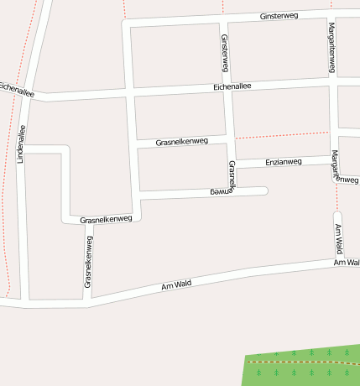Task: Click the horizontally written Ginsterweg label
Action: pyautogui.click(x=279, y=16)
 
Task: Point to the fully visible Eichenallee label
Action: pyautogui.click(x=232, y=86)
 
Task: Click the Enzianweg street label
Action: pyautogui.click(x=283, y=161)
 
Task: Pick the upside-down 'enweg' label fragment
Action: pyautogui.click(x=220, y=192)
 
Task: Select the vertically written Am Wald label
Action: pyautogui.click(x=338, y=239)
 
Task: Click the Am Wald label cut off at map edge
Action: pyautogui.click(x=347, y=263)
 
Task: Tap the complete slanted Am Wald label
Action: pyautogui.click(x=176, y=285)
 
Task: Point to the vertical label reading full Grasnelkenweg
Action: pyautogui.click(x=88, y=262)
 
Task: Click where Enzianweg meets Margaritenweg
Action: pyautogui.click(x=334, y=158)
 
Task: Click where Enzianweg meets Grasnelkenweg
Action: pyautogui.click(x=232, y=161)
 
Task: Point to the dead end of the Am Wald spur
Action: pyautogui.click(x=338, y=215)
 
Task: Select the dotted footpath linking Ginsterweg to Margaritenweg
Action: pyautogui.click(x=281, y=134)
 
